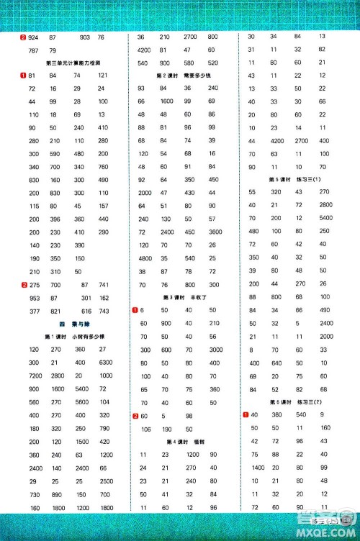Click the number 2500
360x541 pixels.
105,480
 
